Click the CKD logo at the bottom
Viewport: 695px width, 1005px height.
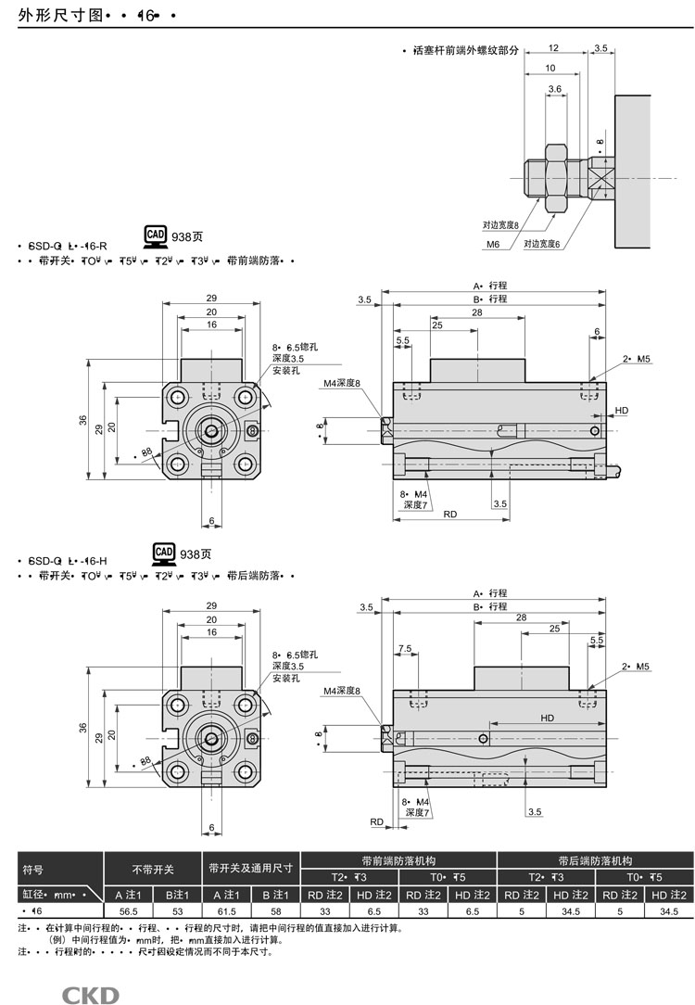[90, 995]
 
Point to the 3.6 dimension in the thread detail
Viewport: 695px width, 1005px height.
[555, 89]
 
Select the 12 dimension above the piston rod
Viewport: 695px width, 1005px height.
[552, 47]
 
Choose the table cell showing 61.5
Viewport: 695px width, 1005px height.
[226, 911]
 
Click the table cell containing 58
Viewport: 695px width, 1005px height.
[275, 911]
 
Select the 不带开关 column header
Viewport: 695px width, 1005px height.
[152, 870]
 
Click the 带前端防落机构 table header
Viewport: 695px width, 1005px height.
[398, 860]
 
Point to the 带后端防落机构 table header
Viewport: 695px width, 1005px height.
[595, 860]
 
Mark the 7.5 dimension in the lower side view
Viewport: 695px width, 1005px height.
[404, 648]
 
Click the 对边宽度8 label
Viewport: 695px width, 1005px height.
[499, 224]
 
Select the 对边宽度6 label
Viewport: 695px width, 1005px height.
[543, 245]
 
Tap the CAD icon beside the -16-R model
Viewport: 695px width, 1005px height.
[156, 235]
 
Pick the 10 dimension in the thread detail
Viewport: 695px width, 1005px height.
[550, 68]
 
